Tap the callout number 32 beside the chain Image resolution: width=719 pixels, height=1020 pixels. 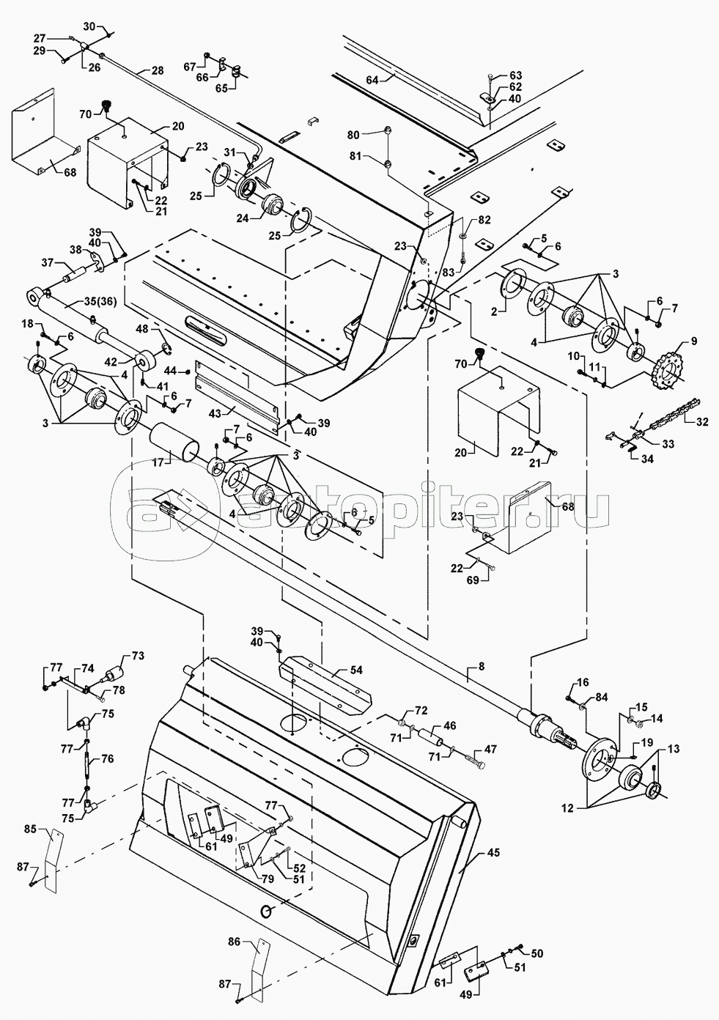coord(701,421)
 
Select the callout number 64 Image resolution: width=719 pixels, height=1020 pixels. coord(372,80)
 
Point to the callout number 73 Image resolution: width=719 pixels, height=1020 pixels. coord(138,656)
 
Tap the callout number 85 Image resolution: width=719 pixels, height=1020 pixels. coord(30,829)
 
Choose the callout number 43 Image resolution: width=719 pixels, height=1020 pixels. coord(215,413)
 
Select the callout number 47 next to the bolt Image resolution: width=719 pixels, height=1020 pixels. coord(490,749)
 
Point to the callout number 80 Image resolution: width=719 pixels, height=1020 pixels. coord(353,135)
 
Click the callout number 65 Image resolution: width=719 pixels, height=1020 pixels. coord(222,89)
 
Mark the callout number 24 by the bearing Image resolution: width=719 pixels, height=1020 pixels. coord(243,218)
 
